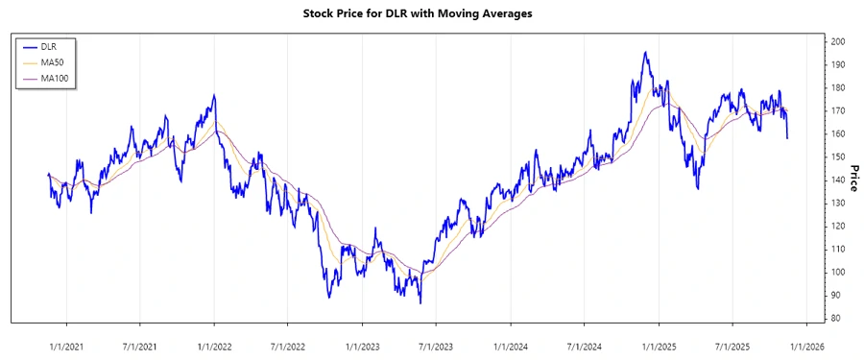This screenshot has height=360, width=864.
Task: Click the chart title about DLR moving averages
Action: (431, 13)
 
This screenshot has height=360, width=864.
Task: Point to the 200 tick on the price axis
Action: (838, 42)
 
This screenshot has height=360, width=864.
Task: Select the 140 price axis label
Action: (838, 180)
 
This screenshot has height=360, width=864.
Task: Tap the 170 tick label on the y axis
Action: (838, 111)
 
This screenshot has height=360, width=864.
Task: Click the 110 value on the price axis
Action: (838, 249)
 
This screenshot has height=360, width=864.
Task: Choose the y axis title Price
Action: (852, 180)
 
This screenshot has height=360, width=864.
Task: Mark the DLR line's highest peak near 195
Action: (645, 53)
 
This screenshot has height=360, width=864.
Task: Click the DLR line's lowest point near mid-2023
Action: (420, 302)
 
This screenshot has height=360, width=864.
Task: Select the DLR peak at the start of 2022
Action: (214, 95)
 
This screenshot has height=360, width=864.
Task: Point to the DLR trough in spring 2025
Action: (698, 188)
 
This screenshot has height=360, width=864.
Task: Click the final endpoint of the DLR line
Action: (787, 138)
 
